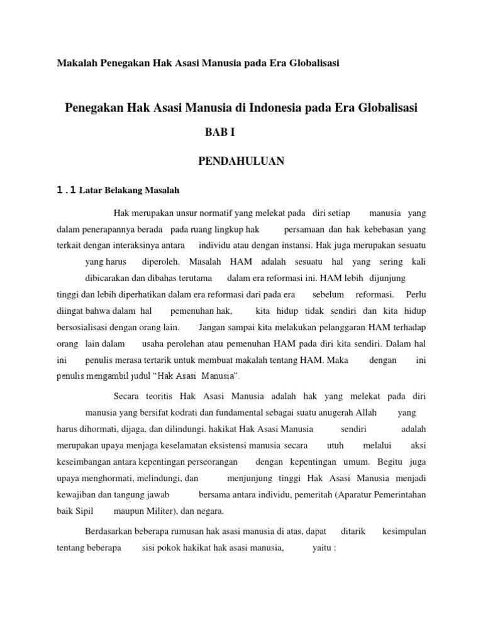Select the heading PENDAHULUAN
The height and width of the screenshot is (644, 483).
[241, 162]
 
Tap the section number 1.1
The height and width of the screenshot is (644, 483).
[66, 190]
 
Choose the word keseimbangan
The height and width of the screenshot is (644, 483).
[89, 462]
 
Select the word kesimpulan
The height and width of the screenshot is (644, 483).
[404, 531]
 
